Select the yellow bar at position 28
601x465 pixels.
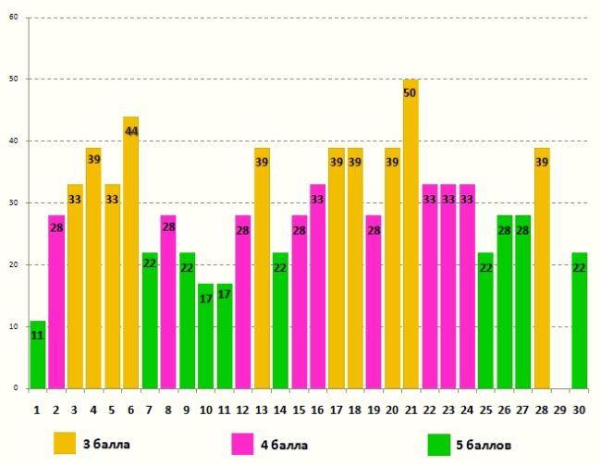point(542,268)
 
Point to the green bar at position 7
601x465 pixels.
point(150,320)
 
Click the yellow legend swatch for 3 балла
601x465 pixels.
point(65,443)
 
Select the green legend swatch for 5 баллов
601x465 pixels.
point(438,444)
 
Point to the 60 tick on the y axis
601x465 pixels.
point(13,18)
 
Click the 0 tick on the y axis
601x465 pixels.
point(16,388)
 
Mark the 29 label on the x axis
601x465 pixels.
point(560,408)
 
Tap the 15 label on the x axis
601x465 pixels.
point(299,408)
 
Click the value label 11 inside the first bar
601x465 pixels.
point(37,335)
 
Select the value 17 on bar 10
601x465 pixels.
point(205,298)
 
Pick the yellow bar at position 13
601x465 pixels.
point(262,268)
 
